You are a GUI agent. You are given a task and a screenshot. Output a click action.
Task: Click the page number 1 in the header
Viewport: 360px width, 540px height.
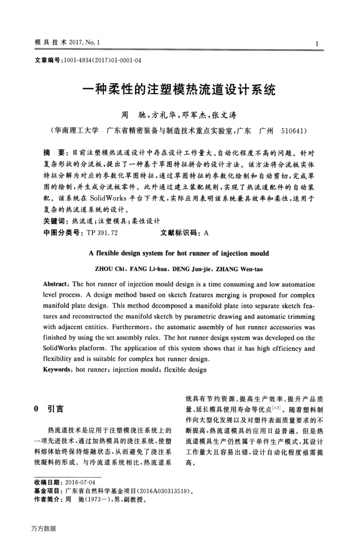coord(319,43)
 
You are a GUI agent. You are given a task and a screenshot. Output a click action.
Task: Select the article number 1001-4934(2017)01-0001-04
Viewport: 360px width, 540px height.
coord(101,60)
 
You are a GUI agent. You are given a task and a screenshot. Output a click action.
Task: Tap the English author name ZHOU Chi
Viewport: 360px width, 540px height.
coord(113,268)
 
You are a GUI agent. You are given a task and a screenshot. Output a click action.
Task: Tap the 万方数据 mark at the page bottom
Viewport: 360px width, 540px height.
coord(43,528)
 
